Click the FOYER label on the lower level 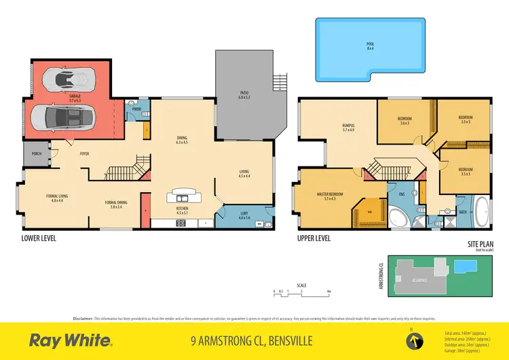tap(85, 154)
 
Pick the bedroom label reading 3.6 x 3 tap(404, 121)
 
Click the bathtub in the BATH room tap(481, 212)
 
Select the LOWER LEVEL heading tap(38, 239)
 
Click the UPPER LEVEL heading tap(314, 239)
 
